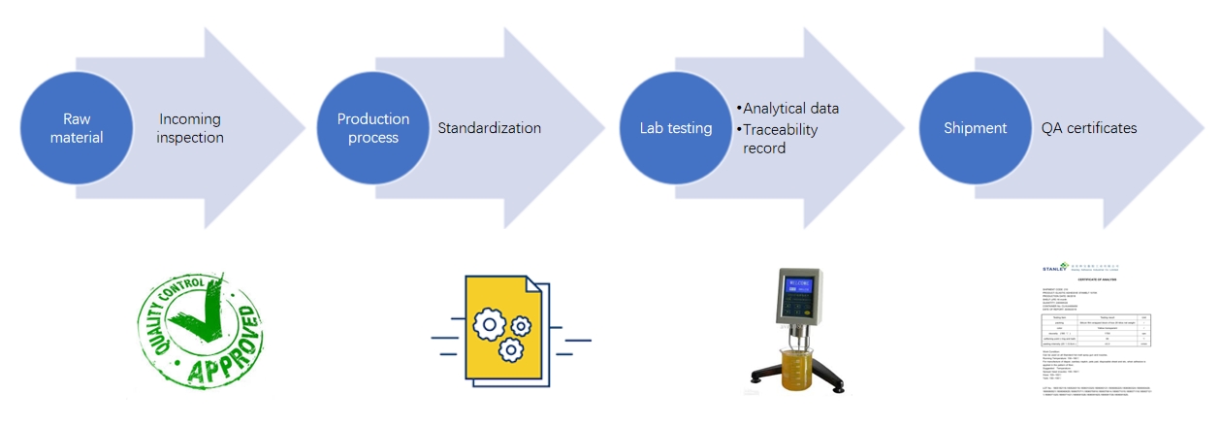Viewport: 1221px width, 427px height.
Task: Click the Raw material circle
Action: pos(77,128)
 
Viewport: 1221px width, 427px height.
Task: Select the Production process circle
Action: pos(373,128)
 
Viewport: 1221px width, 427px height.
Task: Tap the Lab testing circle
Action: pos(676,128)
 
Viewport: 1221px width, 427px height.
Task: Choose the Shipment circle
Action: pos(975,128)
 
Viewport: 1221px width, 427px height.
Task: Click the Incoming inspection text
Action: pos(191,128)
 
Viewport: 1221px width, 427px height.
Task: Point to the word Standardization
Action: pos(489,128)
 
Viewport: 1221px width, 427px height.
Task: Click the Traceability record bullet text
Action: pos(781,139)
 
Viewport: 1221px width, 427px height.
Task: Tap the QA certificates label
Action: pos(1089,128)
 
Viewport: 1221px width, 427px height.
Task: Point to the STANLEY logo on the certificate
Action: pos(1055,266)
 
